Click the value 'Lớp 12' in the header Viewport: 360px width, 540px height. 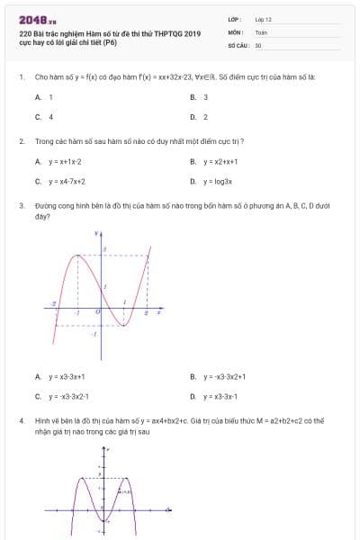pos(263,18)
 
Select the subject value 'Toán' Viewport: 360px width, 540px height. pos(261,31)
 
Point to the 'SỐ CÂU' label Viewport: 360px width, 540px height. pos(238,45)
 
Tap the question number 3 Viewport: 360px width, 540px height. pos(21,206)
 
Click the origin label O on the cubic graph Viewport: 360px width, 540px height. pos(97,310)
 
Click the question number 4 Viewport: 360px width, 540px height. pos(21,420)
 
